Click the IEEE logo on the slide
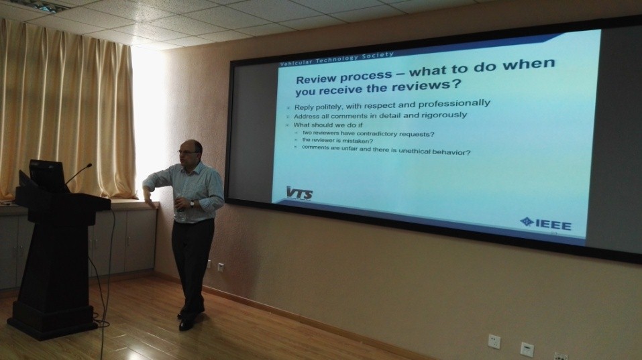click(x=546, y=224)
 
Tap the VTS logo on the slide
click(x=299, y=193)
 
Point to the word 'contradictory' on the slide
click(x=376, y=134)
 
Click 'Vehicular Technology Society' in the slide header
click(x=337, y=59)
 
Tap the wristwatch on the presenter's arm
click(x=192, y=203)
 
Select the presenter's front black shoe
click(x=186, y=324)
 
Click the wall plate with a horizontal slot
click(x=527, y=349)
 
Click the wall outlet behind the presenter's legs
click(x=221, y=267)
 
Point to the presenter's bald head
click(x=192, y=145)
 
